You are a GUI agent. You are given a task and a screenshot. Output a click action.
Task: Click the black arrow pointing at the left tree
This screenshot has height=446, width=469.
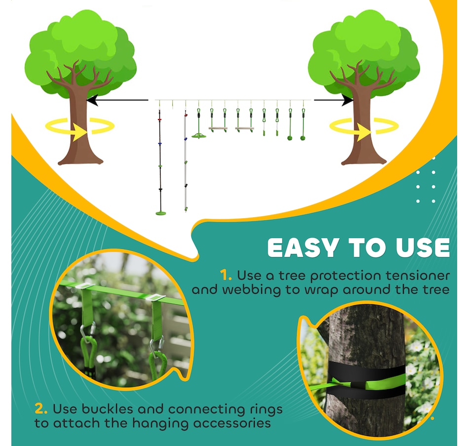(x=117, y=100)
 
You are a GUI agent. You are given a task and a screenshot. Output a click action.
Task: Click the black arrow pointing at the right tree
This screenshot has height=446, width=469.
(x=334, y=100)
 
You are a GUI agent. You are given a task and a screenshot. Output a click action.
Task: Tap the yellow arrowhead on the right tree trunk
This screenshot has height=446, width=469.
(x=363, y=132)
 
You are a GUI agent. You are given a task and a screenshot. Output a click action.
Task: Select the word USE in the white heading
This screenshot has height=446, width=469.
(x=423, y=248)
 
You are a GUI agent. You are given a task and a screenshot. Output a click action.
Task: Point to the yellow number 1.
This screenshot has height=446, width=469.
(x=226, y=275)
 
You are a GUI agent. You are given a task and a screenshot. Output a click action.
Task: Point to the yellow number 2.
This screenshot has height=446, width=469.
(x=41, y=408)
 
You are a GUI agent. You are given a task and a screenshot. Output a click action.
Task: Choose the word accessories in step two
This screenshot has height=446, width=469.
(x=232, y=423)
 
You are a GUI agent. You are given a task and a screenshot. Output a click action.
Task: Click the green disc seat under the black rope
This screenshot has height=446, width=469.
(x=160, y=213)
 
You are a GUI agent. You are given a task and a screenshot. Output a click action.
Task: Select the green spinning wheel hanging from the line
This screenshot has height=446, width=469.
(x=199, y=136)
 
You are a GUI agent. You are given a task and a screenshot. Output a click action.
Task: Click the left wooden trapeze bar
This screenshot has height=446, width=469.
(x=218, y=129)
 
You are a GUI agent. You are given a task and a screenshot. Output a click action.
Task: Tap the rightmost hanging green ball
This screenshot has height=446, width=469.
(x=303, y=138)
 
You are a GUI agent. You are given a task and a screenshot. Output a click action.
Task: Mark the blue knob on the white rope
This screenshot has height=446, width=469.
(x=186, y=139)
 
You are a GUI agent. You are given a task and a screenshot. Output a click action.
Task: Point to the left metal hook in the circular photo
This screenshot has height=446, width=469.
(x=88, y=331)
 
